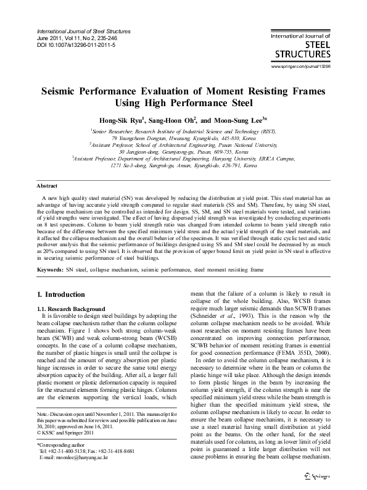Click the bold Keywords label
[51, 270]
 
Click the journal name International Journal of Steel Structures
[84, 31]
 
